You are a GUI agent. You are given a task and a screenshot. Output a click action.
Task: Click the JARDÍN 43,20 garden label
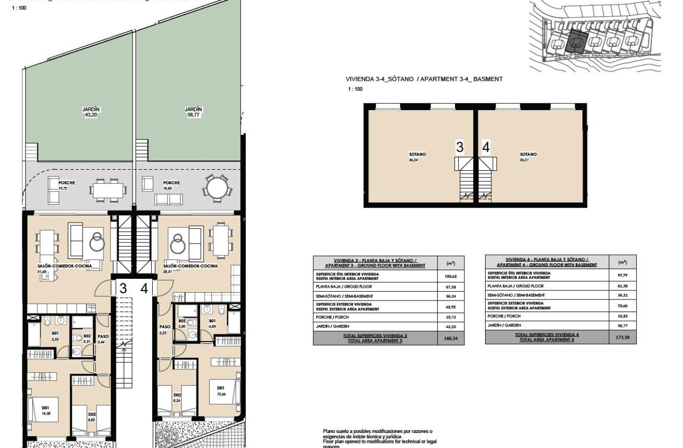pyautogui.click(x=91, y=112)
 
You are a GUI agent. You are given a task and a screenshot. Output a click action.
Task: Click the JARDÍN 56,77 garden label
pyautogui.click(x=193, y=112)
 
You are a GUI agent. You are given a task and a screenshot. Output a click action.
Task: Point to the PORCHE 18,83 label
pyautogui.click(x=171, y=185)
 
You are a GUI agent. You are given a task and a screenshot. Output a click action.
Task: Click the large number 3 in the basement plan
pyautogui.click(x=459, y=147)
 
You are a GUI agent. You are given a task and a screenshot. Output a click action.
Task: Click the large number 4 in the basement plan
pyautogui.click(x=486, y=147)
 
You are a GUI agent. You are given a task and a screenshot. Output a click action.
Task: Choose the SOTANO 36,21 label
pyautogui.click(x=528, y=157)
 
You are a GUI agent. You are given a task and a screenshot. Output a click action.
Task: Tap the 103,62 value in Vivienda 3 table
pyautogui.click(x=451, y=276)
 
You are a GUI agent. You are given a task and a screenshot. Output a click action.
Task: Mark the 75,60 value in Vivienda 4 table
pyautogui.click(x=623, y=306)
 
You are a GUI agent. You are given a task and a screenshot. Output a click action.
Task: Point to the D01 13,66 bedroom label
pyautogui.click(x=220, y=390)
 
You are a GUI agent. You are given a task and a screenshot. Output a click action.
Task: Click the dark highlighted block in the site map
pyautogui.click(x=577, y=42)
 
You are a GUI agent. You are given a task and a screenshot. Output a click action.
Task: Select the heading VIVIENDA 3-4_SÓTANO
pyautogui.click(x=424, y=79)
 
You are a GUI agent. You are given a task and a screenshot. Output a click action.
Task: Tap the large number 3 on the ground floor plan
pyautogui.click(x=123, y=288)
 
